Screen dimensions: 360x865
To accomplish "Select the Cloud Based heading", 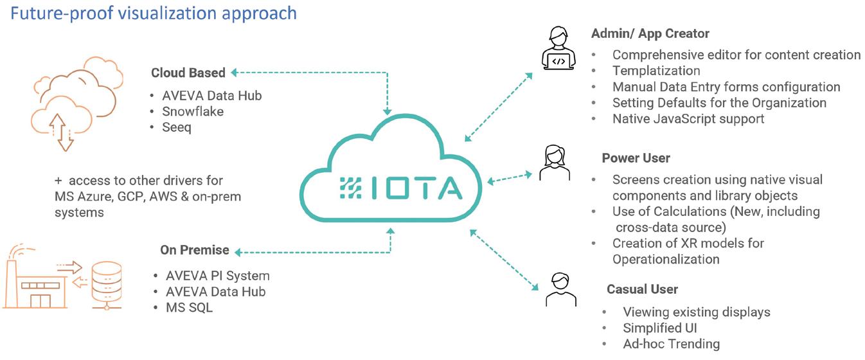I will tap(188, 73).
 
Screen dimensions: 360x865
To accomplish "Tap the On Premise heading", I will tap(194, 250).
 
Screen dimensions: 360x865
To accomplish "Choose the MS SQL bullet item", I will tap(189, 308).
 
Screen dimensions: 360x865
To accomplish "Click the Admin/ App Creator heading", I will tap(650, 33).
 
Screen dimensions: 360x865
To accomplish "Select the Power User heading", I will tap(636, 158).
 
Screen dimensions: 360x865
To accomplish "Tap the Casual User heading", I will tap(642, 289).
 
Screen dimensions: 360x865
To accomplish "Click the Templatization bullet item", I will tap(656, 71).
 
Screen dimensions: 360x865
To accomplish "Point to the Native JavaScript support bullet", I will tap(688, 119).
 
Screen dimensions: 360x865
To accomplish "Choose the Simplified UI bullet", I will tap(660, 328).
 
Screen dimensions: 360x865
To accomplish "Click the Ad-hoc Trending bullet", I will tap(671, 345).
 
